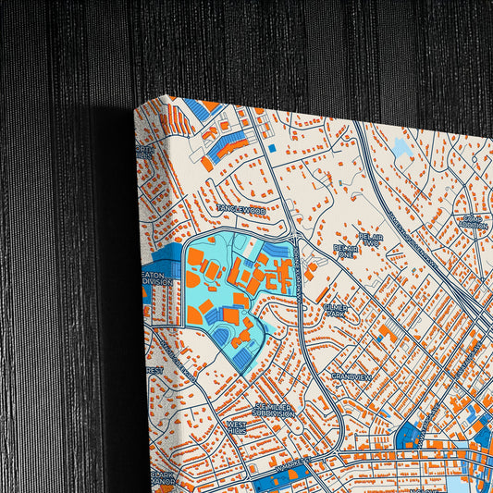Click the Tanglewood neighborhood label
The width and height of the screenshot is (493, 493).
[x=241, y=211]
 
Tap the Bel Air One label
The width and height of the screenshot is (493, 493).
[x=346, y=250]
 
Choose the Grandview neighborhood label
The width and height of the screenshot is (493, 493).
[x=351, y=377]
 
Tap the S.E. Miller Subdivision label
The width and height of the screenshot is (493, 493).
[x=275, y=410]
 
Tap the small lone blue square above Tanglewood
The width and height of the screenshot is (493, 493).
[x=271, y=148]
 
